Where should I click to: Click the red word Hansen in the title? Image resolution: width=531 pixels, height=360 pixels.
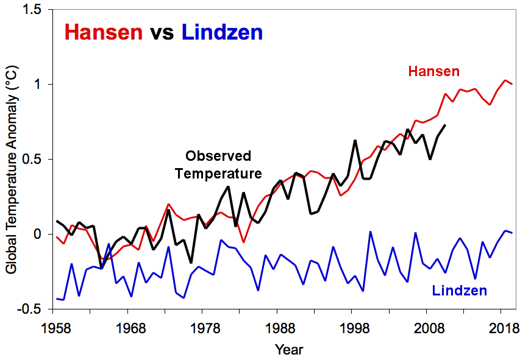point(103,32)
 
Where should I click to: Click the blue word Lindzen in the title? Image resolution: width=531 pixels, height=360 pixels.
point(223,32)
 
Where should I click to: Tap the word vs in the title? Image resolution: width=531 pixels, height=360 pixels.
point(162,32)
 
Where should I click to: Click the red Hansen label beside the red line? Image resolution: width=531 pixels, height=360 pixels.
point(434,72)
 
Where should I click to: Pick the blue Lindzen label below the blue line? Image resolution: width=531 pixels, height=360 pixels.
point(460,291)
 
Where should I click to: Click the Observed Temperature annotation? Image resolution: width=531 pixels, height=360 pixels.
point(218,164)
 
